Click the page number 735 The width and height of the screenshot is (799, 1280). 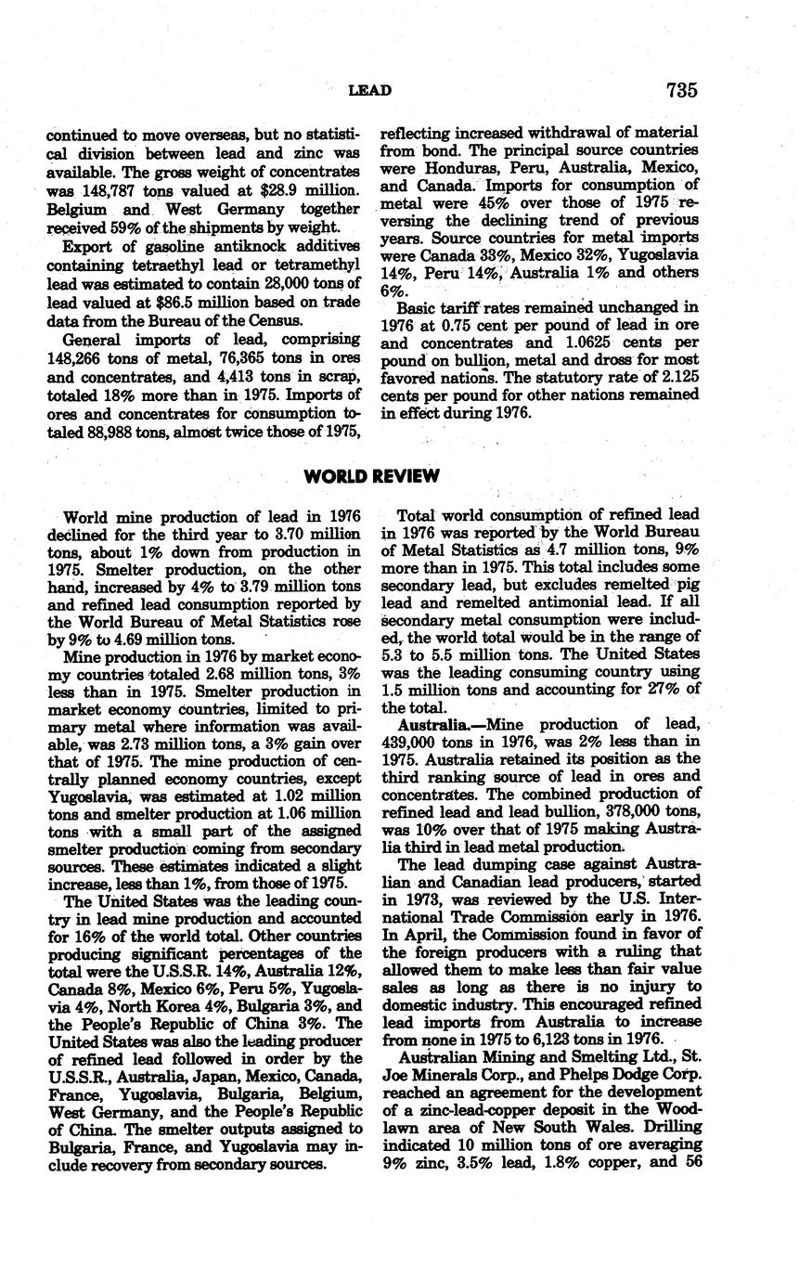click(x=680, y=90)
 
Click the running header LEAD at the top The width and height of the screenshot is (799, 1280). click(x=369, y=90)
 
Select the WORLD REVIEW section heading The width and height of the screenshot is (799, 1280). click(x=371, y=476)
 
